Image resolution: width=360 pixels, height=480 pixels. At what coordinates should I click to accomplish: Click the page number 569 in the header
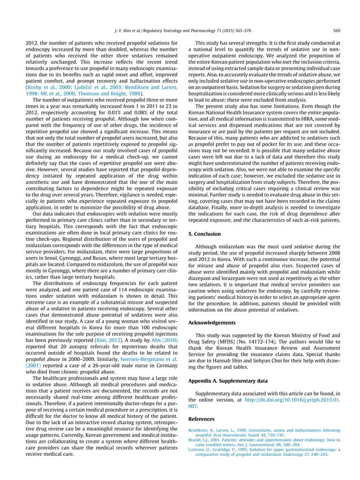[x=336, y=30]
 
